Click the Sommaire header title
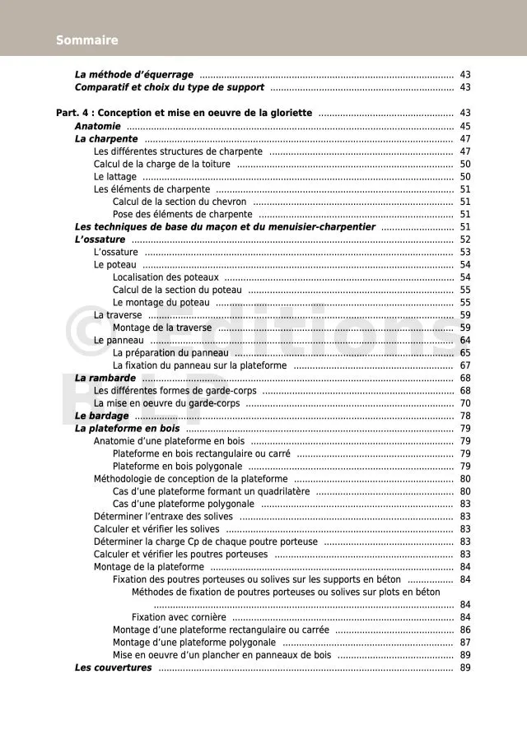point(87,40)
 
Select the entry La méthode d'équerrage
point(134,74)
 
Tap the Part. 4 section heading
point(184,113)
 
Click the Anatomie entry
point(98,126)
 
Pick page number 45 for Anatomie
point(465,126)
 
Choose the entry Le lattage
point(114,176)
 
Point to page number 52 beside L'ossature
point(465,239)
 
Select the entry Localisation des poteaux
point(166,277)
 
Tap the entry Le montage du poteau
point(161,302)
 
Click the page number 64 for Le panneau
point(465,340)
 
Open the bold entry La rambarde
point(105,378)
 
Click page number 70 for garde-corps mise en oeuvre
point(465,403)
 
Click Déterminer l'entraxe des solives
point(163,516)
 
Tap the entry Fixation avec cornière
point(179,617)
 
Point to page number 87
point(465,642)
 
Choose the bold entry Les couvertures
point(114,667)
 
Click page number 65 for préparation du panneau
point(465,352)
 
